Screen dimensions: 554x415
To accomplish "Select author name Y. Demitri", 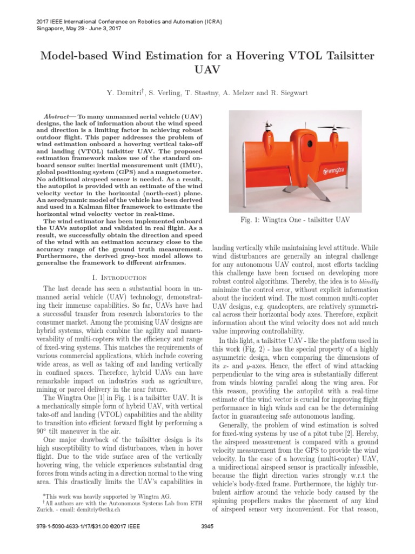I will click(124, 93).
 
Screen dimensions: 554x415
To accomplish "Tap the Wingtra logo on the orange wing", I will click(334, 172).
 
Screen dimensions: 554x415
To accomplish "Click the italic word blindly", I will click(375, 281).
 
